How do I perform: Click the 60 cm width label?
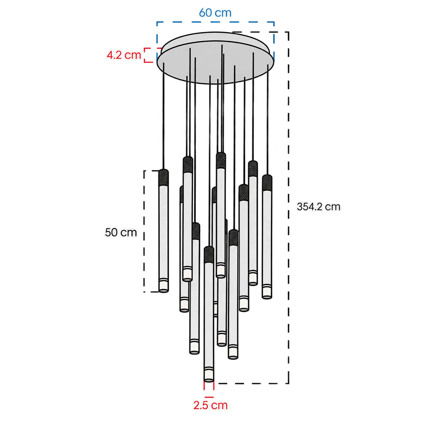pyautogui.click(x=215, y=13)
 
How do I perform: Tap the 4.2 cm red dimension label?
pyautogui.click(x=124, y=55)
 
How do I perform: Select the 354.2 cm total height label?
pyautogui.click(x=319, y=207)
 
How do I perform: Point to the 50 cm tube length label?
pyautogui.click(x=121, y=232)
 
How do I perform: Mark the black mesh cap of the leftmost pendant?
pyautogui.click(x=163, y=178)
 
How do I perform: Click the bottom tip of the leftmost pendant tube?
pyautogui.click(x=164, y=291)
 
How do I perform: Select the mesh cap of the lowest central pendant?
pyautogui.click(x=209, y=255)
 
